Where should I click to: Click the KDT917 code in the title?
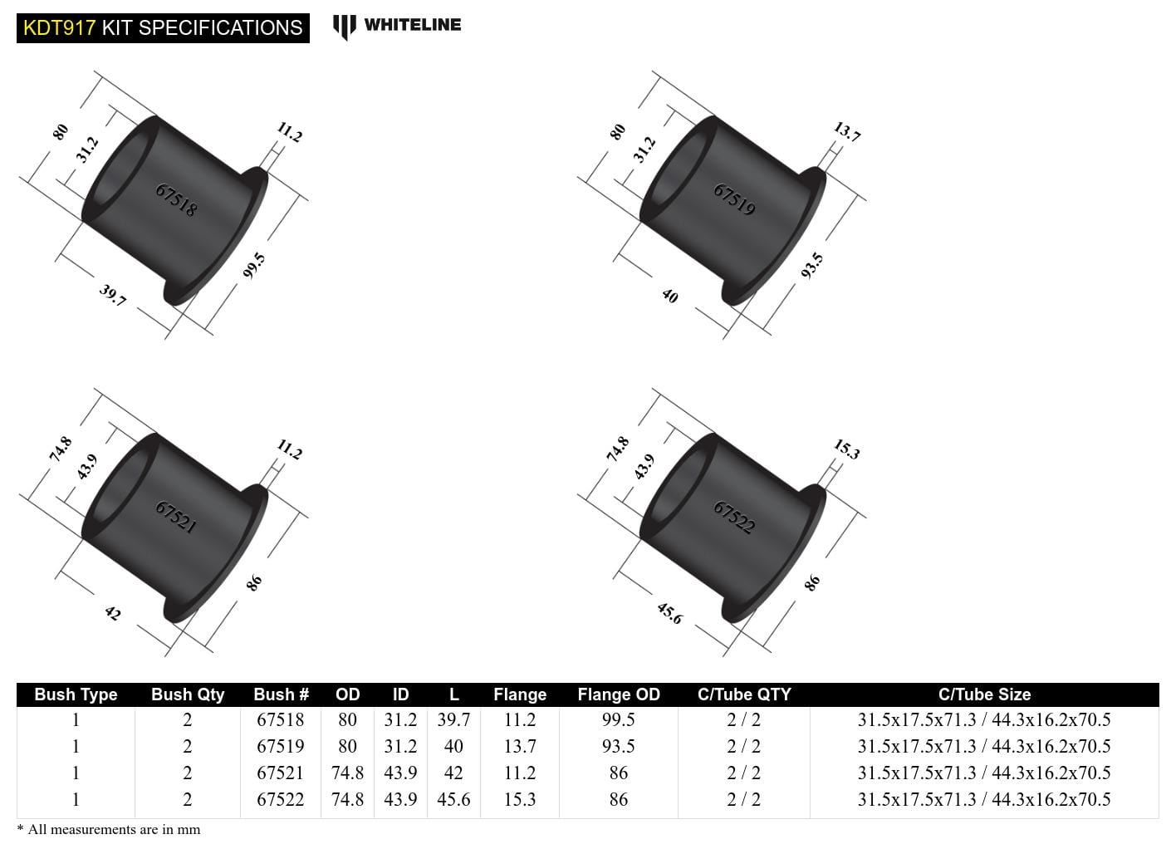59,27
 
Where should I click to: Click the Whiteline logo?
397,26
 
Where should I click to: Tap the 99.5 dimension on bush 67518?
254,265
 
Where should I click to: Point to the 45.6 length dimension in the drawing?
669,613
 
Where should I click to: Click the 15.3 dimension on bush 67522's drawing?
846,449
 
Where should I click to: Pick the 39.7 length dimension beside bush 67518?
112,295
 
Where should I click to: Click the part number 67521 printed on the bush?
176,517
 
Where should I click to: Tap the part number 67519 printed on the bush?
734,199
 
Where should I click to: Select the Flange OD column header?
618,694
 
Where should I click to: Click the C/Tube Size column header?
984,694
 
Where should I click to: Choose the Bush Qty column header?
188,694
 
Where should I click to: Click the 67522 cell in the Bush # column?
280,799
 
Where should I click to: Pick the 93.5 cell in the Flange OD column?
618,746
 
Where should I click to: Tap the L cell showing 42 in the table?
453,773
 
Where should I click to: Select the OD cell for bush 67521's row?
347,773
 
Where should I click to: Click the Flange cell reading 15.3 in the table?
519,799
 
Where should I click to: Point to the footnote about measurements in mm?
109,829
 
